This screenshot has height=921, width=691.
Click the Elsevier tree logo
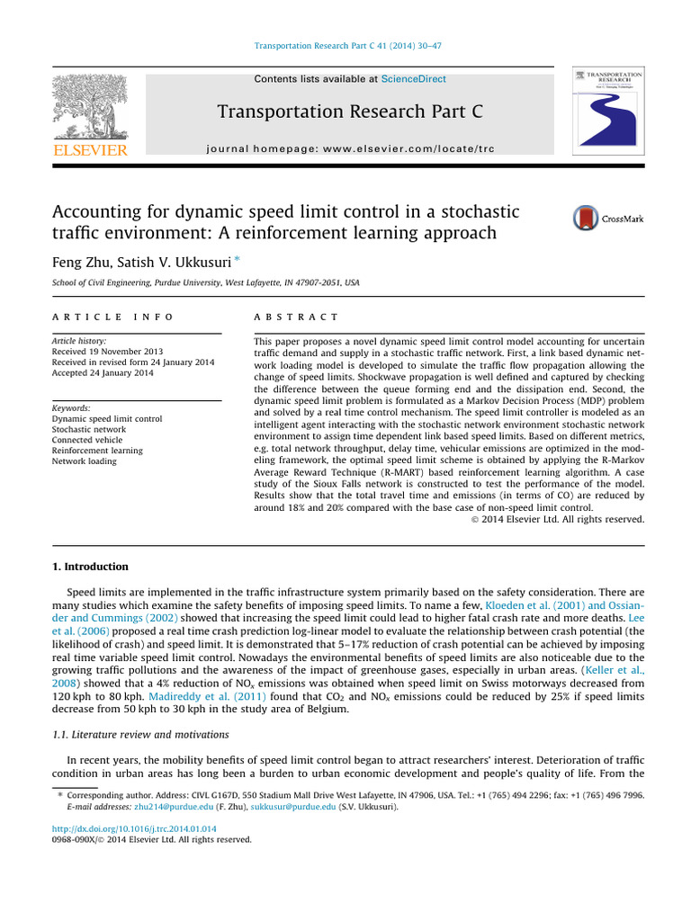click(x=90, y=107)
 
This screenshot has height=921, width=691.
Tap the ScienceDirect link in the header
click(x=413, y=79)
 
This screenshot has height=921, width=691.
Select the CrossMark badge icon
click(x=608, y=219)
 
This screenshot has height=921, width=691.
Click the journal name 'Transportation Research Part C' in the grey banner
click(x=350, y=112)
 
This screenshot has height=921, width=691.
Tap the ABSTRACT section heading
click(x=297, y=317)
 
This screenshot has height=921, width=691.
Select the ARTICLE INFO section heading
click(x=112, y=317)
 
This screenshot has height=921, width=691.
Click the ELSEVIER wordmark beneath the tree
click(x=90, y=149)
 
